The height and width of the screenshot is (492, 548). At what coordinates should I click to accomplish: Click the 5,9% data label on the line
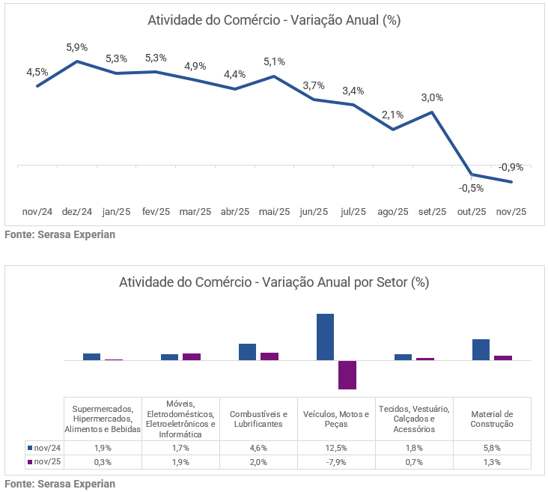(x=77, y=47)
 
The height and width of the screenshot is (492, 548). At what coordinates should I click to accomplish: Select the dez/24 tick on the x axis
(x=77, y=212)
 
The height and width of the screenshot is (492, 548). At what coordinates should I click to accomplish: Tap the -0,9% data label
(x=511, y=167)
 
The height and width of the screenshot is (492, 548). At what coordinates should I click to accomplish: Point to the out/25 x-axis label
(x=472, y=212)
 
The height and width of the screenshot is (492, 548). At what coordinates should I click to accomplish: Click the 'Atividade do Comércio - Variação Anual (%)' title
(x=274, y=20)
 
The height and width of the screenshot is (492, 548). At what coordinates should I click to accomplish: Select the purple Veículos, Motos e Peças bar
(x=347, y=374)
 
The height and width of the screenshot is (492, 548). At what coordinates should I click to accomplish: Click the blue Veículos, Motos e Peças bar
(x=325, y=337)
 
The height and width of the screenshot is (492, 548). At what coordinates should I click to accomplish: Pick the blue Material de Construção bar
(x=481, y=350)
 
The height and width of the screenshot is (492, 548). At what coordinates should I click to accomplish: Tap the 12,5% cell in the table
(x=336, y=448)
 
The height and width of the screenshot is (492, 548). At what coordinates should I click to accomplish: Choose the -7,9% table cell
(x=336, y=462)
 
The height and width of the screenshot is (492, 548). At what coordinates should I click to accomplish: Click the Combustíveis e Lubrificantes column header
(x=258, y=419)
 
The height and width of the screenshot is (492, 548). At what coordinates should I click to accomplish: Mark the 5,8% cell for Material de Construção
(x=492, y=448)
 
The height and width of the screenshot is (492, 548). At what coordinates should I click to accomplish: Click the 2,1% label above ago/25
(x=392, y=115)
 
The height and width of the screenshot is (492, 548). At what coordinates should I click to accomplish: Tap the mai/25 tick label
(x=274, y=212)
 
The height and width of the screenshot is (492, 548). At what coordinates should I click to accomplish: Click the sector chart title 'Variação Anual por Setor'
(x=274, y=283)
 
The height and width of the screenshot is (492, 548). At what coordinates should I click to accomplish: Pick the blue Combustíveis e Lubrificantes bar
(x=247, y=352)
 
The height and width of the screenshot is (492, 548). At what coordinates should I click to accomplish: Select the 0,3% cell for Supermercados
(x=103, y=462)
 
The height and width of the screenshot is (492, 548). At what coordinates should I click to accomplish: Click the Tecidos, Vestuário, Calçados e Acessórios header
(x=414, y=419)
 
